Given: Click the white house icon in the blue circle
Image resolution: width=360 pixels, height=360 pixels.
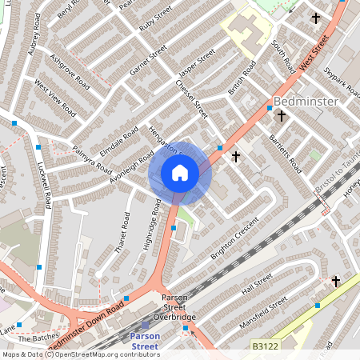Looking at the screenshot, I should coord(180,173).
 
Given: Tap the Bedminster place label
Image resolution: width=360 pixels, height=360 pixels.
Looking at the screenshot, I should coord(307,102).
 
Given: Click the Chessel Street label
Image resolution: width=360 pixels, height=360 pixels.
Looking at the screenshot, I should coord(191,98).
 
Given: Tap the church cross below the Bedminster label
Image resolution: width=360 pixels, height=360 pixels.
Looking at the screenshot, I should coord(281,117).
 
